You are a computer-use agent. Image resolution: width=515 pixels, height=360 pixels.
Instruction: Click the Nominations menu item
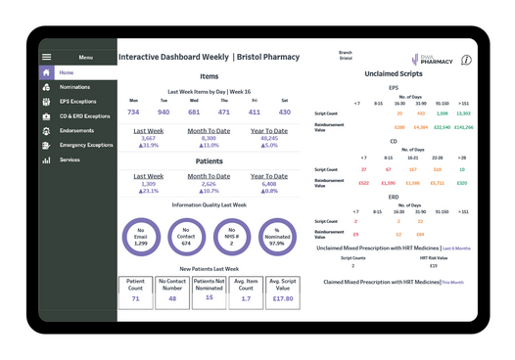74,87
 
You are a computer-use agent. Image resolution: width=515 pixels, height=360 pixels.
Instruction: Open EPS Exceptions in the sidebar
77,101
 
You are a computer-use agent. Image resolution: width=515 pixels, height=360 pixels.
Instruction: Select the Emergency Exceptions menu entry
85,145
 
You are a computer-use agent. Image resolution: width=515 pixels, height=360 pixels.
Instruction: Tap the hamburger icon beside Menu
46,58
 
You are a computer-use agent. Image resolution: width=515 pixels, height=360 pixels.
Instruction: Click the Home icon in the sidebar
46,72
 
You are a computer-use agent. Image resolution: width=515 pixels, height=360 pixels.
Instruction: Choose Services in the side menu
70,159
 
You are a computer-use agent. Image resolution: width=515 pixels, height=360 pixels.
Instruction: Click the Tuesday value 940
164,112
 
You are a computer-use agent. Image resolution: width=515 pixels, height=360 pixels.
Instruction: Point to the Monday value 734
134,112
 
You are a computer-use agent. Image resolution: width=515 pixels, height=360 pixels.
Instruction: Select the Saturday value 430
284,112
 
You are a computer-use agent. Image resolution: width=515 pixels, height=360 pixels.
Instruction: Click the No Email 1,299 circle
141,238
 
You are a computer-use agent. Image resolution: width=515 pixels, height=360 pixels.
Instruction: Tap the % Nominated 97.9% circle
277,238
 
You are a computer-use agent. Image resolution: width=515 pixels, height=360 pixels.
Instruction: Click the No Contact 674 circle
186,238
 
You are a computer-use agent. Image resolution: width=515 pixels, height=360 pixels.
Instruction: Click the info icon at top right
466,61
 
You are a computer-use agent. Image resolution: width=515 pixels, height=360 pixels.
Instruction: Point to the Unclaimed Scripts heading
394,73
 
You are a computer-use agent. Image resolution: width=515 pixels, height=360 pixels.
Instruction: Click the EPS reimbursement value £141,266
463,127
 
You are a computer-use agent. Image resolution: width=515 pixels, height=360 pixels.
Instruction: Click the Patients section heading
209,161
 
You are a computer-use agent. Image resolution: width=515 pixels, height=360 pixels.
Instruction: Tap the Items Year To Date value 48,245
268,138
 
